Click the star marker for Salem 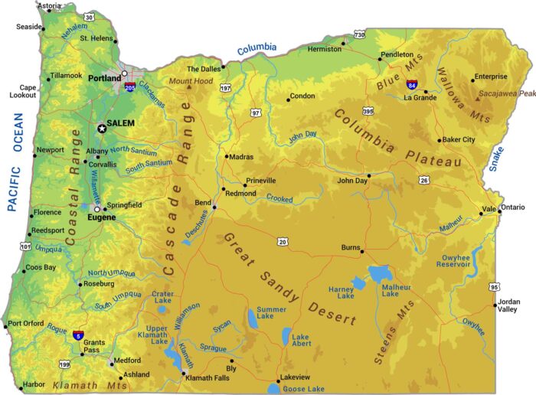coord(102,129)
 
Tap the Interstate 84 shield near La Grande coord(412,84)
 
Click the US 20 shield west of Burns coord(283,242)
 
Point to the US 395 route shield coord(368,111)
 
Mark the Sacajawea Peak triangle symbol coord(478,98)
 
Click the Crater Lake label coord(162,297)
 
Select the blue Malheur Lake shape coord(381,274)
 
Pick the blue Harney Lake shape coord(358,284)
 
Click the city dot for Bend coord(214,207)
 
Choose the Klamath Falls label coord(208,379)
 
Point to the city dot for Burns coord(362,251)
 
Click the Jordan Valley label coord(508,305)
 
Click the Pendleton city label coord(397,55)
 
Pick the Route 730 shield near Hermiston coord(359,34)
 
